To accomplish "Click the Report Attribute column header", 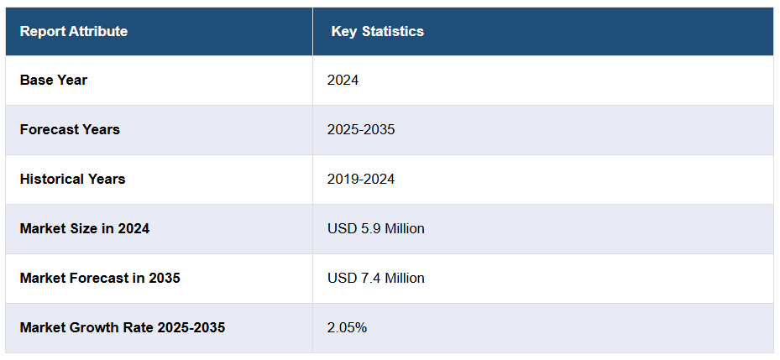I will (74, 32).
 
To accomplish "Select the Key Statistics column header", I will (377, 32).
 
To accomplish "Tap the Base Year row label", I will (54, 81).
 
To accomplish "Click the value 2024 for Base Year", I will (343, 81).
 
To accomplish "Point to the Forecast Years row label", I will (70, 130).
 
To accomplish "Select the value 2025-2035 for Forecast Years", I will (361, 130).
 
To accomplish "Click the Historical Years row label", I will (72, 180).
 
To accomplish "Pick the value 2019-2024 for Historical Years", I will (361, 180).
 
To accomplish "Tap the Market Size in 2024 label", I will (85, 228).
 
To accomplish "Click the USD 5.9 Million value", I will (376, 228).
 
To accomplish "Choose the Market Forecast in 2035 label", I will (100, 278).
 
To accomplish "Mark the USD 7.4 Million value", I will (376, 278).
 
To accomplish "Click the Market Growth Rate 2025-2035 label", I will (123, 327).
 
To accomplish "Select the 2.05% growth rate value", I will (347, 327).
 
